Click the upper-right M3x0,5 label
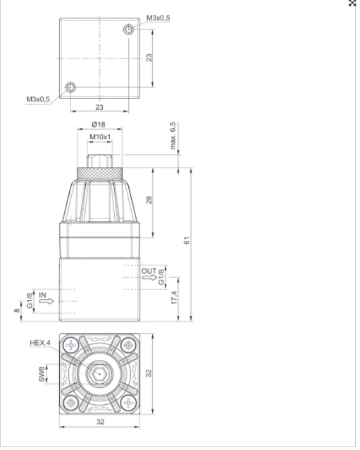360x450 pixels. point(159,18)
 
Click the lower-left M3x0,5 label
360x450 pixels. point(38,99)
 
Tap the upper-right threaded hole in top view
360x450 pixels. point(129,30)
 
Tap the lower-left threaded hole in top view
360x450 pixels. point(70,87)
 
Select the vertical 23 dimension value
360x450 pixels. point(149,58)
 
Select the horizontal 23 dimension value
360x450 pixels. point(99,107)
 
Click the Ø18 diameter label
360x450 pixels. point(99,125)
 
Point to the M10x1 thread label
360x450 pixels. point(100,137)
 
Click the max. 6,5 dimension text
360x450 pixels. point(173,135)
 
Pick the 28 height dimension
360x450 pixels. point(149,200)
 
